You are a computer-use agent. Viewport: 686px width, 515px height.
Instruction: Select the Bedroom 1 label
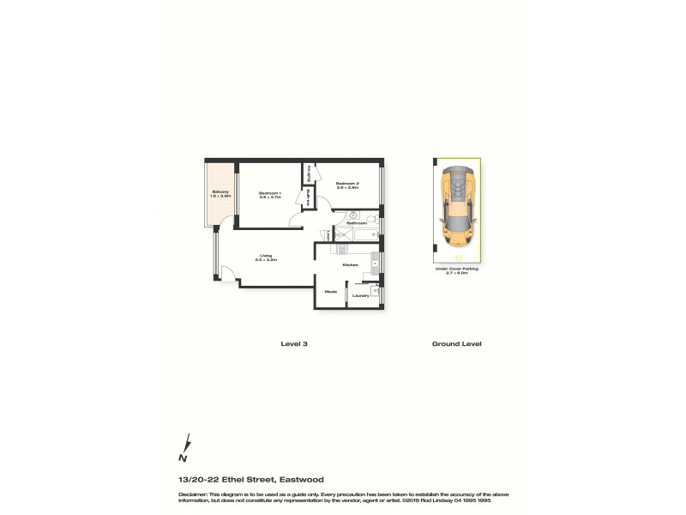[270, 194]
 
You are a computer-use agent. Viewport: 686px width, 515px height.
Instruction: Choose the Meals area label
[331, 292]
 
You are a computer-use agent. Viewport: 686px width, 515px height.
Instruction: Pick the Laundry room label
[361, 295]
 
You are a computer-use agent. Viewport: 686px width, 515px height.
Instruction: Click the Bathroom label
[357, 223]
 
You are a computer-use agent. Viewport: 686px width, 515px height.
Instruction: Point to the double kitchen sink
[375, 263]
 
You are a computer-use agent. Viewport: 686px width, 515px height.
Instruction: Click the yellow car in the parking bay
[458, 207]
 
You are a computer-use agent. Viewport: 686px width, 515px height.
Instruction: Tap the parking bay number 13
[459, 257]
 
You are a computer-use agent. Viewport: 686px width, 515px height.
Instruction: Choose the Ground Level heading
[455, 343]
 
